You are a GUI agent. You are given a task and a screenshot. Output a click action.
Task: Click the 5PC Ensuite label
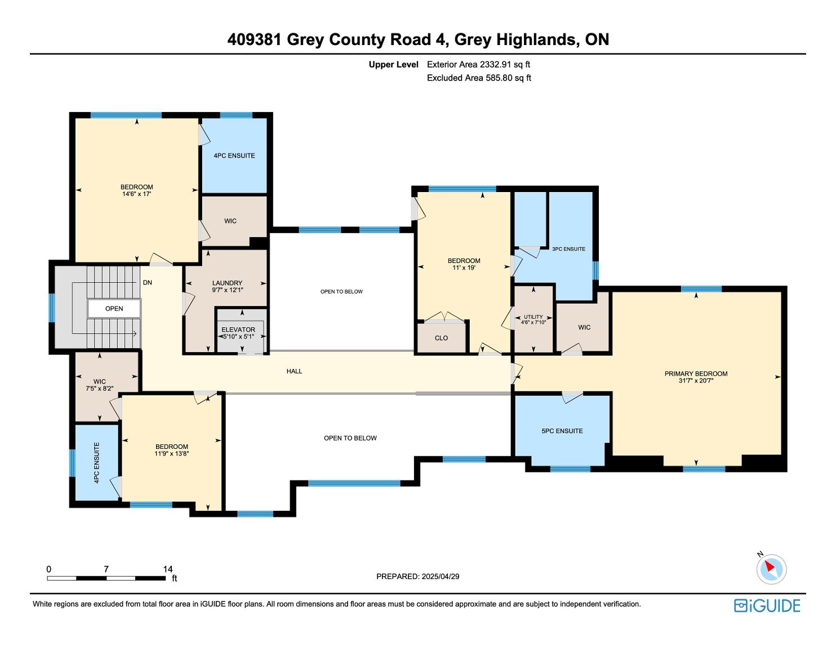[562, 431]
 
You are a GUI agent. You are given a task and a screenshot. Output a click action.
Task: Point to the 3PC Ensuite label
[568, 249]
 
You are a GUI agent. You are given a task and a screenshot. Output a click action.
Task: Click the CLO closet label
[441, 338]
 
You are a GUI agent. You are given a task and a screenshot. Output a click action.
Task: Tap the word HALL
[294, 371]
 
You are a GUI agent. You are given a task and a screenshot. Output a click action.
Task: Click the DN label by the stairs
[148, 283]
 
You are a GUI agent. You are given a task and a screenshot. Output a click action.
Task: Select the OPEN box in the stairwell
[114, 309]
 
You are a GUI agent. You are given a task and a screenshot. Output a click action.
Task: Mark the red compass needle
[770, 566]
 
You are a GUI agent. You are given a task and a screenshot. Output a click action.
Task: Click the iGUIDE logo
[767, 605]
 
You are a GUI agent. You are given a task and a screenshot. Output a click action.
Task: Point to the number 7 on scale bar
[106, 569]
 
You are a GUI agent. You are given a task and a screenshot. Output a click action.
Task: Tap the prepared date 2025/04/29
[441, 576]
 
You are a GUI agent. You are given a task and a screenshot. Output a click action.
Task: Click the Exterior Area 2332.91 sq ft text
[479, 65]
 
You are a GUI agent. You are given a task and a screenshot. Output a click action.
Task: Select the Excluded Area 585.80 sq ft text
[479, 78]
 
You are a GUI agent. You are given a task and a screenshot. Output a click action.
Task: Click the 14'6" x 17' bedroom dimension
[136, 194]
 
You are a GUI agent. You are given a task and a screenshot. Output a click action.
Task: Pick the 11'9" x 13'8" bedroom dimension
[172, 453]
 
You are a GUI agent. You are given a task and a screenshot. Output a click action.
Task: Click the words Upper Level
[394, 65]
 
